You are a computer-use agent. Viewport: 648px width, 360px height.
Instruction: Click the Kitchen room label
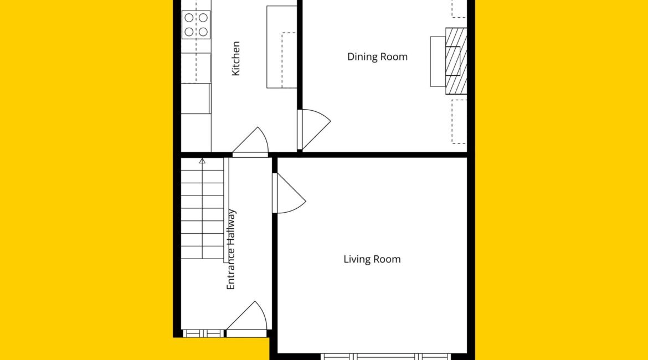[235, 58]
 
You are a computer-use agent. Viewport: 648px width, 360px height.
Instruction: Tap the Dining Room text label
[377, 56]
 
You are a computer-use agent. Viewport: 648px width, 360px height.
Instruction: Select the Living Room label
[372, 259]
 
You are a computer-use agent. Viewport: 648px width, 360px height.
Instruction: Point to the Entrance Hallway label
[230, 249]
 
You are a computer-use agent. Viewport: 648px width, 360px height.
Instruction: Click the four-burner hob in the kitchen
[196, 25]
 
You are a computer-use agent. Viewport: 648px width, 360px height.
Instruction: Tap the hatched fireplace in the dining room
[456, 61]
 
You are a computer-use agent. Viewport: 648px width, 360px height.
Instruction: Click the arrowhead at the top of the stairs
[202, 161]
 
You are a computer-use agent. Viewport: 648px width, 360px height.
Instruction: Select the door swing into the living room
[289, 193]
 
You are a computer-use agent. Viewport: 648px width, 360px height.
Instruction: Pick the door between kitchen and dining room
[314, 130]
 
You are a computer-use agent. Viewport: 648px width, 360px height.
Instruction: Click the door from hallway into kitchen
[250, 142]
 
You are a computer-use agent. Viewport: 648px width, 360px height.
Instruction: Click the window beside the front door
[203, 333]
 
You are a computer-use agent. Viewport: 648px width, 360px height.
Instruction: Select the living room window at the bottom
[386, 357]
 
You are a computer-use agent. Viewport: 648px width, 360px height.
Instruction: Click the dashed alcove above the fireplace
[459, 9]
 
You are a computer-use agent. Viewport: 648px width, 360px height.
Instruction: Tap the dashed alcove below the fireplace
[459, 121]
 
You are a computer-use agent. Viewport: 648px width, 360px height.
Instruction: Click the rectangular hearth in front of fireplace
[438, 61]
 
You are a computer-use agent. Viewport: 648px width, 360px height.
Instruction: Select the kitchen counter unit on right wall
[282, 47]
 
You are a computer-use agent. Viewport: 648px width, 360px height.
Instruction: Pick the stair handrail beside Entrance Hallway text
[227, 210]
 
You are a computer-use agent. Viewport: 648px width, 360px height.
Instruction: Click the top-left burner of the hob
[189, 18]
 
